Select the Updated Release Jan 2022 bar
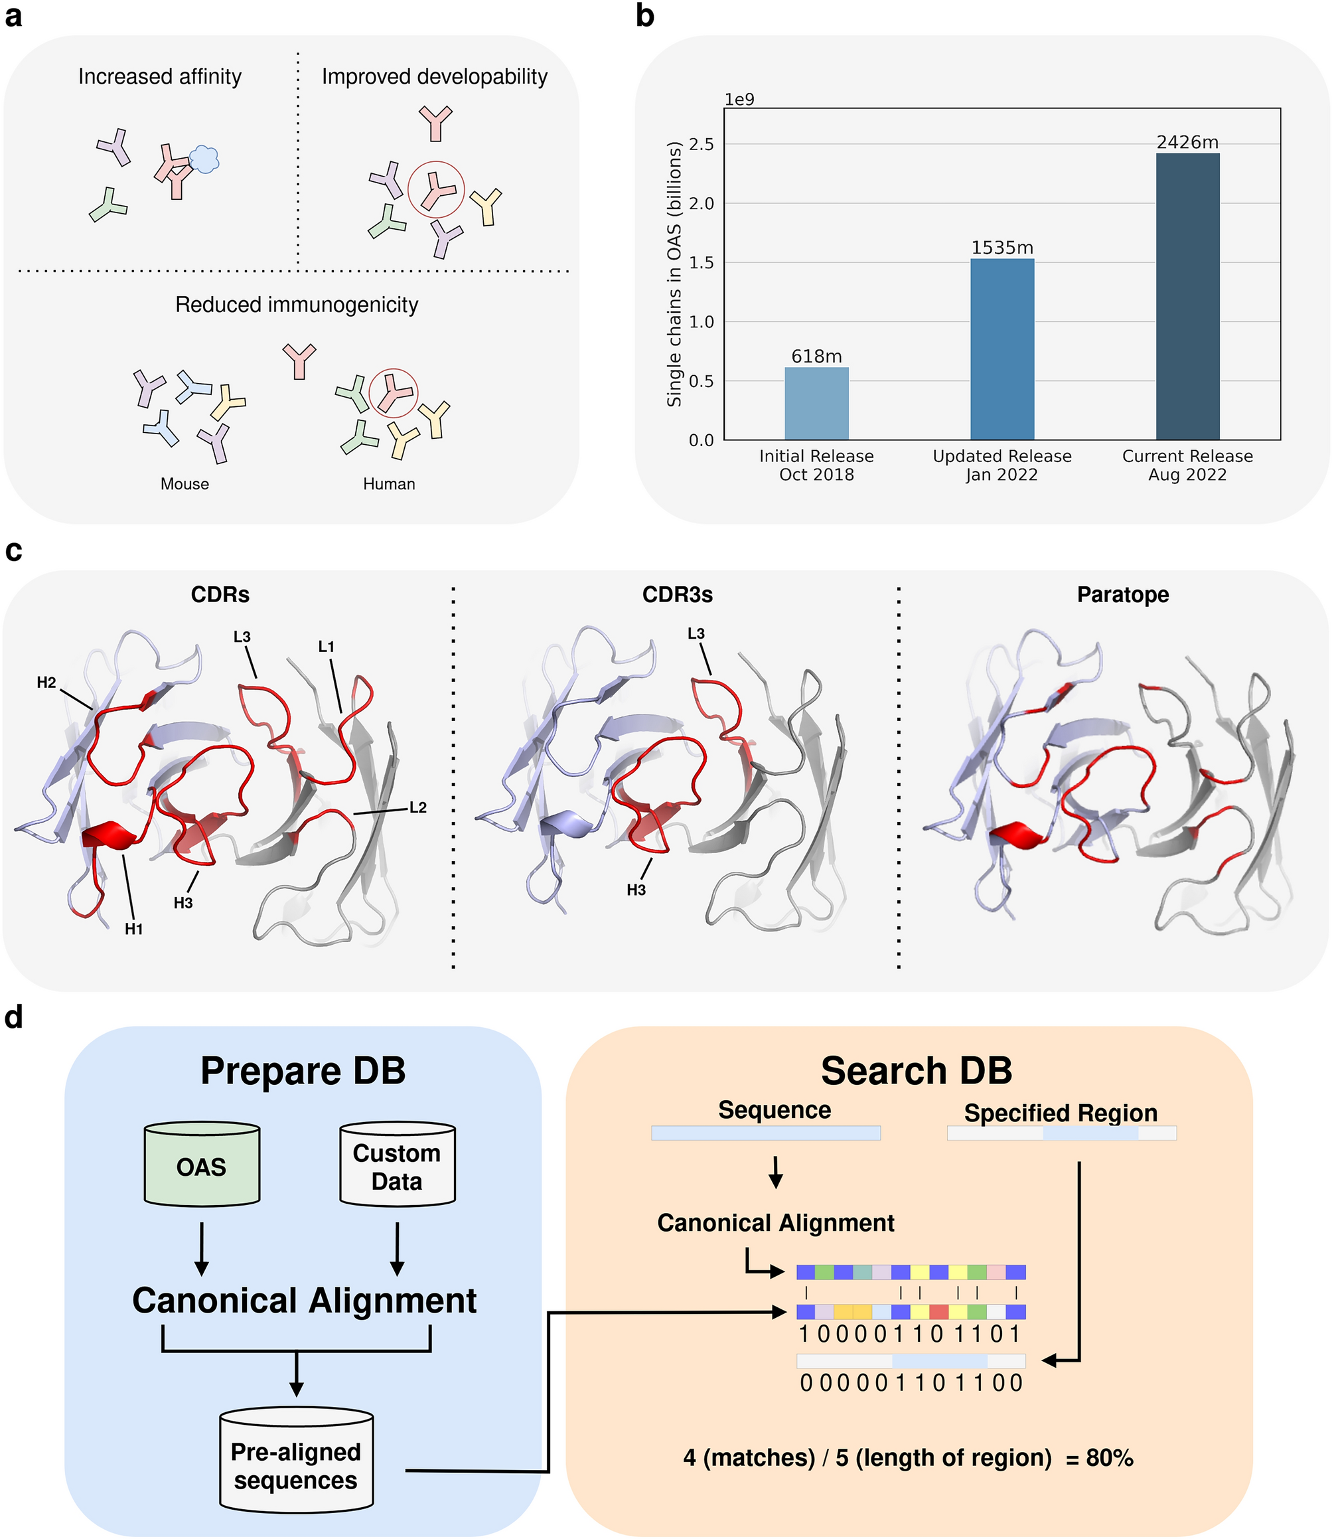coord(1002,349)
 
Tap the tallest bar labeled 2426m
coord(1187,297)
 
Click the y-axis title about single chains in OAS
coord(674,274)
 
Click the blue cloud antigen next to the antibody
coord(204,159)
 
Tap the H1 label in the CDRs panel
coord(134,929)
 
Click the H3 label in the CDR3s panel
coord(636,890)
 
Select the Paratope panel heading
coord(1122,595)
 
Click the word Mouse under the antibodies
coord(185,484)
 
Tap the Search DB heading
coord(916,1072)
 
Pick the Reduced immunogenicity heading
coord(297,305)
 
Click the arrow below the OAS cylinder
coord(202,1248)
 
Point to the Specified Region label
coord(1060,1113)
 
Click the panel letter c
coord(13,551)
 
